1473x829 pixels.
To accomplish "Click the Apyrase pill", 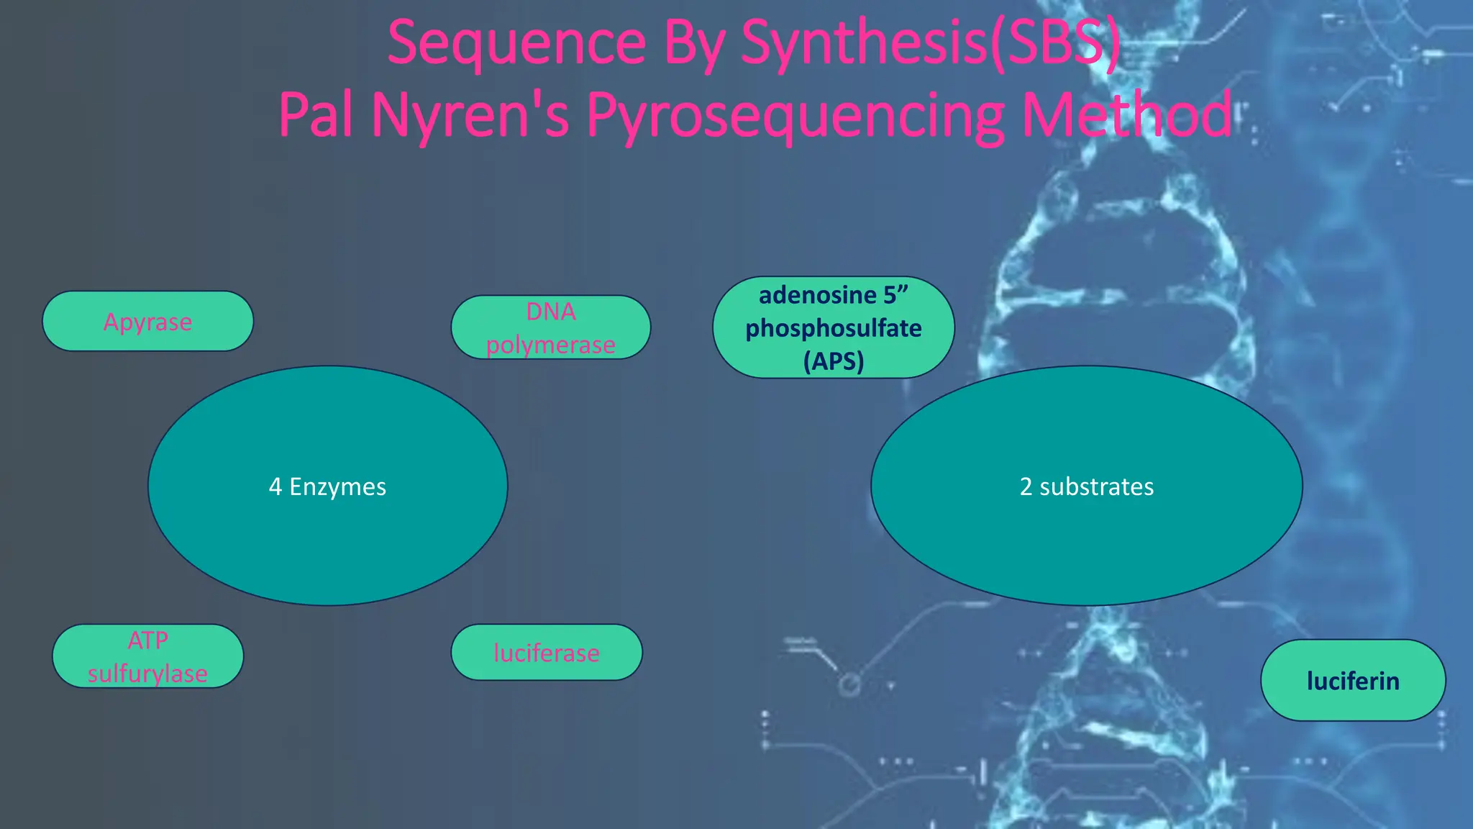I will (x=148, y=321).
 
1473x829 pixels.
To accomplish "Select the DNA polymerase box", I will (x=551, y=327).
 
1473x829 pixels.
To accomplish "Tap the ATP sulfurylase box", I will (x=148, y=656).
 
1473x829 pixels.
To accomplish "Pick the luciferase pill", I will (x=547, y=652).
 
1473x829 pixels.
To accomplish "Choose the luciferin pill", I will (x=1353, y=680).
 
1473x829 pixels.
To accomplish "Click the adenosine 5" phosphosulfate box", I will (x=834, y=327).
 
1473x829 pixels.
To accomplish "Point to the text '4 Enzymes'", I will (x=327, y=486).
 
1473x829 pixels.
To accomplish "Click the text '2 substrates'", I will (x=1087, y=486).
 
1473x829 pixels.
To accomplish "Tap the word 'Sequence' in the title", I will (x=516, y=43).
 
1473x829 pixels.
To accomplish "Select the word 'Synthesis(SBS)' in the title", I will (x=930, y=43).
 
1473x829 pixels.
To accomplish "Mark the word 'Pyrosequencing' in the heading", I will (x=795, y=115).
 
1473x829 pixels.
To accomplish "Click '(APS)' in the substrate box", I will (x=834, y=361).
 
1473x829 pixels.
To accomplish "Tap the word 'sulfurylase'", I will (x=148, y=674).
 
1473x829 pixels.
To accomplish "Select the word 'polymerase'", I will (x=551, y=345).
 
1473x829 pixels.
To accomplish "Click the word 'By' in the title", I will (x=693, y=43).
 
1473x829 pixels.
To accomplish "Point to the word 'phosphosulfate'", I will (x=834, y=328).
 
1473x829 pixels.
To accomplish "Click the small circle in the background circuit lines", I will (x=849, y=684).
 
